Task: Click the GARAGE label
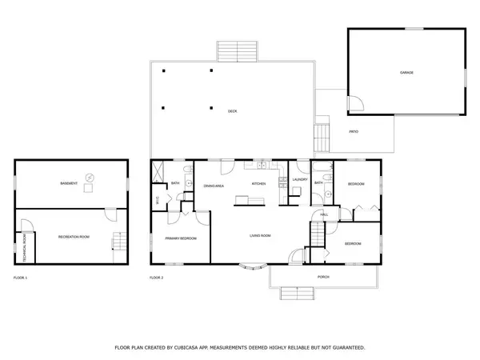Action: pyautogui.click(x=406, y=73)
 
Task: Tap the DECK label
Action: pyautogui.click(x=232, y=111)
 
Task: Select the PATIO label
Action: pyautogui.click(x=353, y=130)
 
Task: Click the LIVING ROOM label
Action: pyautogui.click(x=260, y=235)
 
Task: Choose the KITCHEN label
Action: pyautogui.click(x=259, y=184)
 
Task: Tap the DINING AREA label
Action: pyautogui.click(x=214, y=186)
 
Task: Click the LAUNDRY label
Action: pyautogui.click(x=300, y=179)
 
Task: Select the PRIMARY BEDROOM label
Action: pyautogui.click(x=180, y=238)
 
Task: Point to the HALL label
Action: pyautogui.click(x=324, y=214)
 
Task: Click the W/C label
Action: pyautogui.click(x=158, y=199)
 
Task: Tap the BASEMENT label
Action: pyautogui.click(x=69, y=184)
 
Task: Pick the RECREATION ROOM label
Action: pyautogui.click(x=72, y=237)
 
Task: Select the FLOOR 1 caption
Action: pyautogui.click(x=21, y=278)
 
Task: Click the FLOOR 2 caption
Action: pyautogui.click(x=156, y=278)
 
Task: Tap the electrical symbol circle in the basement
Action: pyautogui.click(x=90, y=178)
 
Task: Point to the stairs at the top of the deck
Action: pyautogui.click(x=238, y=50)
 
